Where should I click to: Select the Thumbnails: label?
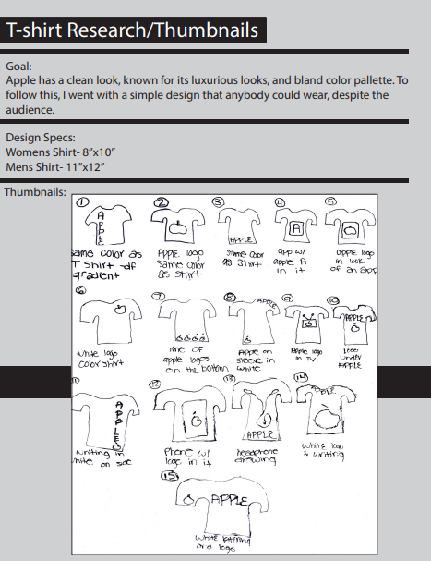tap(34, 192)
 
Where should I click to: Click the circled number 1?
tap(81, 201)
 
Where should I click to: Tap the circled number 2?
tap(162, 202)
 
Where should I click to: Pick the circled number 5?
tap(331, 202)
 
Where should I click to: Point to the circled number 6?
tap(81, 288)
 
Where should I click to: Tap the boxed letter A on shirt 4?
tap(295, 227)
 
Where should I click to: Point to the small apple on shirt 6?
tap(120, 311)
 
